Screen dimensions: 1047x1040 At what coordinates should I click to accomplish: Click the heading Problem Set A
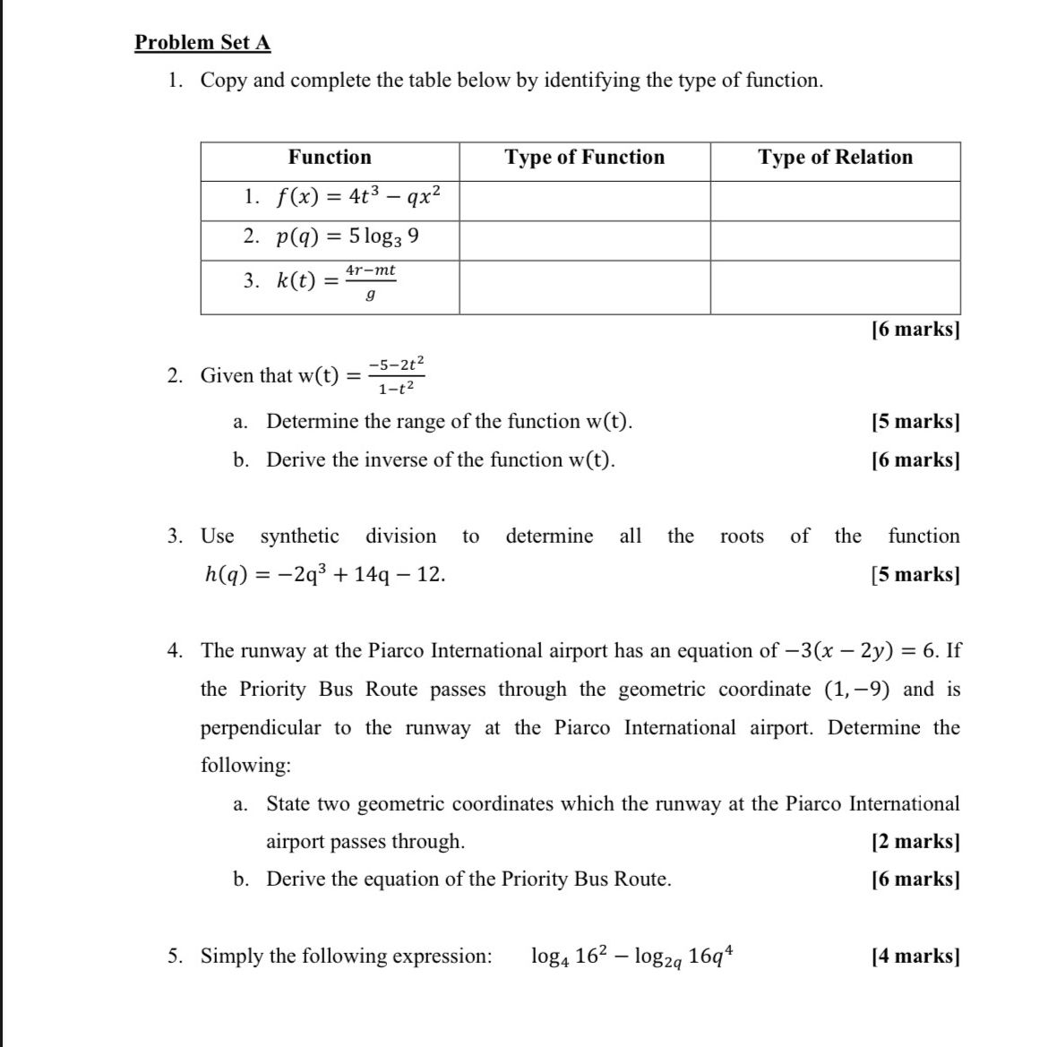[x=202, y=42]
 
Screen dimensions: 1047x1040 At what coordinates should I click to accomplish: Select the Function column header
[x=330, y=158]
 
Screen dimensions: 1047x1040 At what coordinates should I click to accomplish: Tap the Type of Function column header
[x=584, y=158]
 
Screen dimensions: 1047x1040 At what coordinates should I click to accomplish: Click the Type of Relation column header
[x=835, y=158]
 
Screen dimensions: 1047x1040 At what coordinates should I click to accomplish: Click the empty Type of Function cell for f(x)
[x=584, y=201]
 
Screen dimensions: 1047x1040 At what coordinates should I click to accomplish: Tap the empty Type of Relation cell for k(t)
[x=835, y=287]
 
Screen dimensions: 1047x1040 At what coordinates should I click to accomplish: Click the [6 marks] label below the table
[x=915, y=330]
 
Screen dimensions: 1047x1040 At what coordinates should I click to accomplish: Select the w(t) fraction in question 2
[x=400, y=375]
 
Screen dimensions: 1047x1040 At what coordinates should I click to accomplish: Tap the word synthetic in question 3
[x=299, y=536]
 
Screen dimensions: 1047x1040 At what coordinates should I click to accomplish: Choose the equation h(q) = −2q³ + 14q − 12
[x=325, y=575]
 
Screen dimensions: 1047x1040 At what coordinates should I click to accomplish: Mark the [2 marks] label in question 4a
[x=915, y=842]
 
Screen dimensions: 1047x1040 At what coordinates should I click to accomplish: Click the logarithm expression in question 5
[x=635, y=957]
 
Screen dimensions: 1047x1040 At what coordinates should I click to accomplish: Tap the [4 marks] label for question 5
[x=915, y=957]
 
